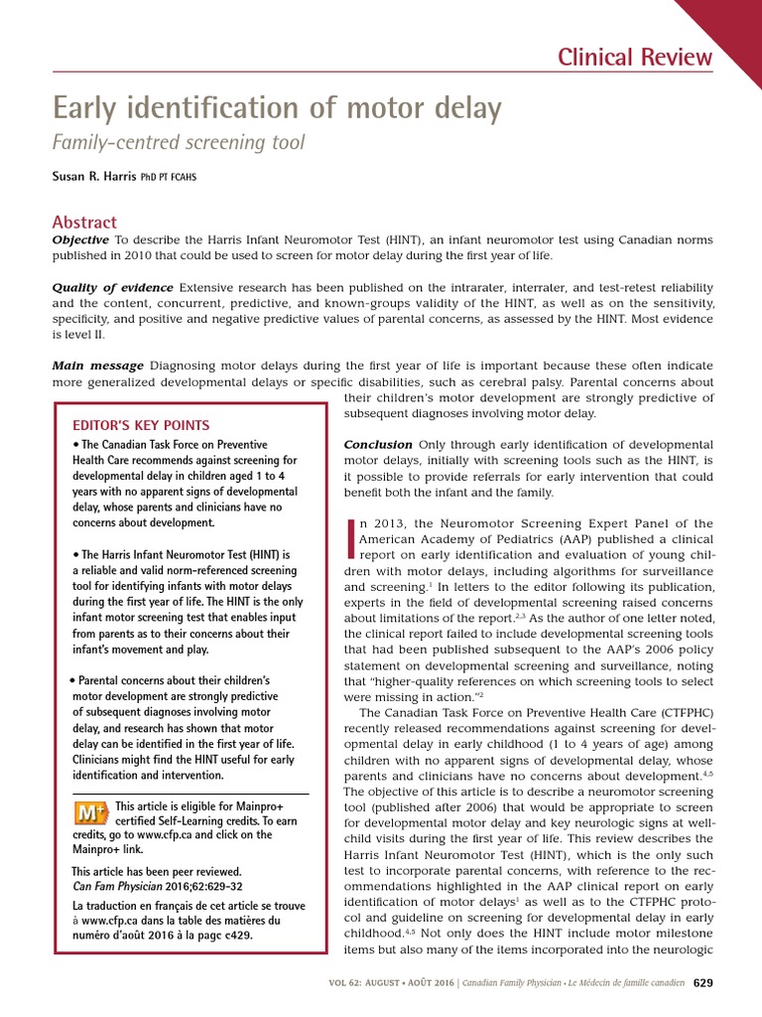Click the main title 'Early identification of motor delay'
click(x=277, y=108)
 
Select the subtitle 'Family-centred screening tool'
click(x=179, y=143)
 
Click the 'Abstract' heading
click(x=84, y=222)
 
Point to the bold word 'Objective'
click(x=80, y=241)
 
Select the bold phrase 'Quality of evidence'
click(x=112, y=288)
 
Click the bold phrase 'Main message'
click(x=97, y=366)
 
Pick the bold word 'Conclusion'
click(x=378, y=444)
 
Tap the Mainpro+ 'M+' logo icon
click(x=91, y=813)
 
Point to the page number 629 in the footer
click(x=701, y=983)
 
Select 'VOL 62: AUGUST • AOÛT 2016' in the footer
click(x=392, y=984)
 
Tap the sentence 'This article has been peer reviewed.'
click(x=157, y=872)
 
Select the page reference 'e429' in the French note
click(x=233, y=936)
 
